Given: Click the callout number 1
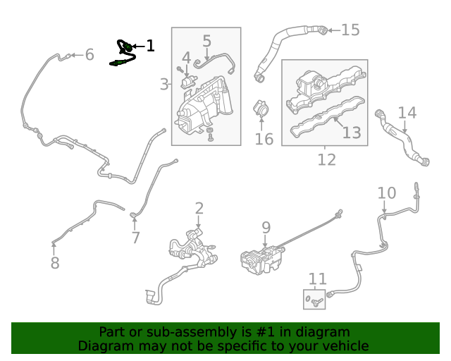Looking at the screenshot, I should coord(150,47).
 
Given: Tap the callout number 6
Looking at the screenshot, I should coord(89,54).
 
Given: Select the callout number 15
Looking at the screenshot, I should coord(350,30).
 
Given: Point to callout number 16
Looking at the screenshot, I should coord(264,138).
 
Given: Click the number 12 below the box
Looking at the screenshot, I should coord(326,160).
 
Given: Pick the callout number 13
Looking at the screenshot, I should coord(352,132).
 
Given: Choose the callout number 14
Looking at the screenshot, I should coord(407,113).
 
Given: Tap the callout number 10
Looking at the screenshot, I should coord(387,192).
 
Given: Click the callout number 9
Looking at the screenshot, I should coord(266,227).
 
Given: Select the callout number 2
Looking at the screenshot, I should coord(199,208).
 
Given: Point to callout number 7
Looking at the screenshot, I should coord(135,238).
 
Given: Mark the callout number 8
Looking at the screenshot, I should coord(55,263).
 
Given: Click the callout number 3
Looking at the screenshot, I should coord(164,85).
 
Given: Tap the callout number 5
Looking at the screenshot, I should coord(206,41).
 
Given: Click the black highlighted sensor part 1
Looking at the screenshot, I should coord(123,54).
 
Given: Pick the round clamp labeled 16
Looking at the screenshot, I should coord(263,111).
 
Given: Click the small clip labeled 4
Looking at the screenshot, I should coord(188,80).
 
